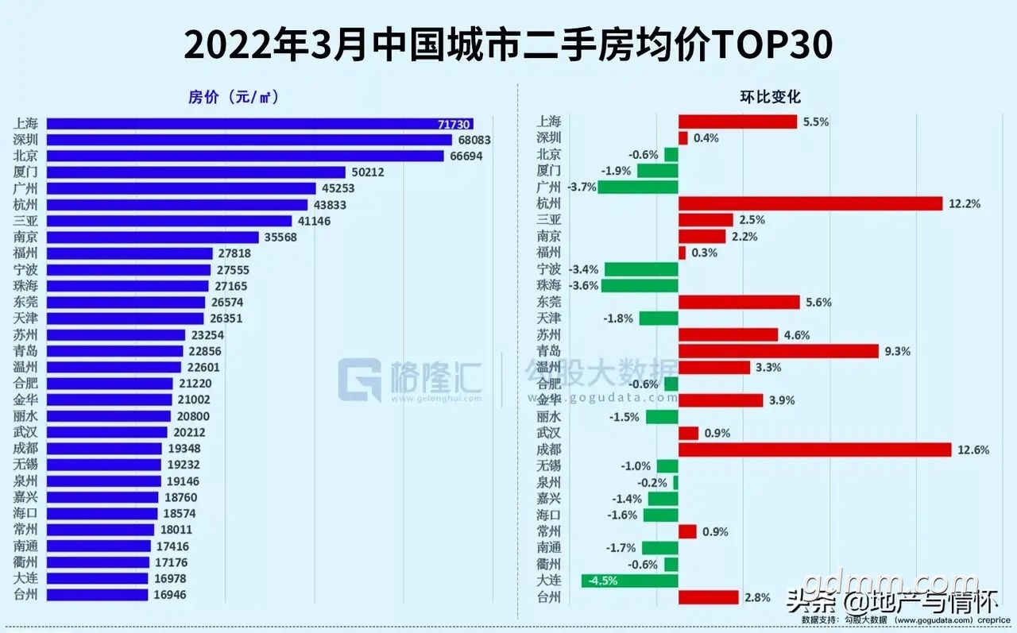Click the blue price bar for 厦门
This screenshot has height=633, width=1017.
point(196,172)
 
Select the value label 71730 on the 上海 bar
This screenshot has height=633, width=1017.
point(454,125)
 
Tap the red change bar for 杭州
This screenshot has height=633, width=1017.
point(810,204)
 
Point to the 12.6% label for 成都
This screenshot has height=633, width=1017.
point(973,450)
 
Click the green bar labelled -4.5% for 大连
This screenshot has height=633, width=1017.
point(630,581)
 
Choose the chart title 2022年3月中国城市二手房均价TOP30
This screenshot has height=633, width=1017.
point(508,44)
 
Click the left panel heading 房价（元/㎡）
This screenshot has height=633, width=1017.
point(234,97)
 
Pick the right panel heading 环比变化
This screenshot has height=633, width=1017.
point(770,97)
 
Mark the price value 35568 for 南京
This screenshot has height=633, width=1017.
point(280,237)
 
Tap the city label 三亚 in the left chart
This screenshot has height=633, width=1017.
point(25,221)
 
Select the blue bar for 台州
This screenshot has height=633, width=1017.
point(97,595)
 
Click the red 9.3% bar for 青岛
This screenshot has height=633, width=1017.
point(779,351)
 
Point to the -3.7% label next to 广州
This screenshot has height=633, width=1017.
point(582,187)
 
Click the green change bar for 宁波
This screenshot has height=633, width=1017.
point(641,269)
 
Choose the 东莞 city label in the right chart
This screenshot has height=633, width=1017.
point(548,303)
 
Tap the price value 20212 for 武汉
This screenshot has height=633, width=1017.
point(189,432)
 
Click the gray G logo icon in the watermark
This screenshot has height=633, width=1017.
point(360,380)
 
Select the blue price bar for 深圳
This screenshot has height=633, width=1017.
point(249,140)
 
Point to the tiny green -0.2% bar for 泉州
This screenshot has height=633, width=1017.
point(676,482)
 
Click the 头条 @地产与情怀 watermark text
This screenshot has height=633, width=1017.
point(892,602)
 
